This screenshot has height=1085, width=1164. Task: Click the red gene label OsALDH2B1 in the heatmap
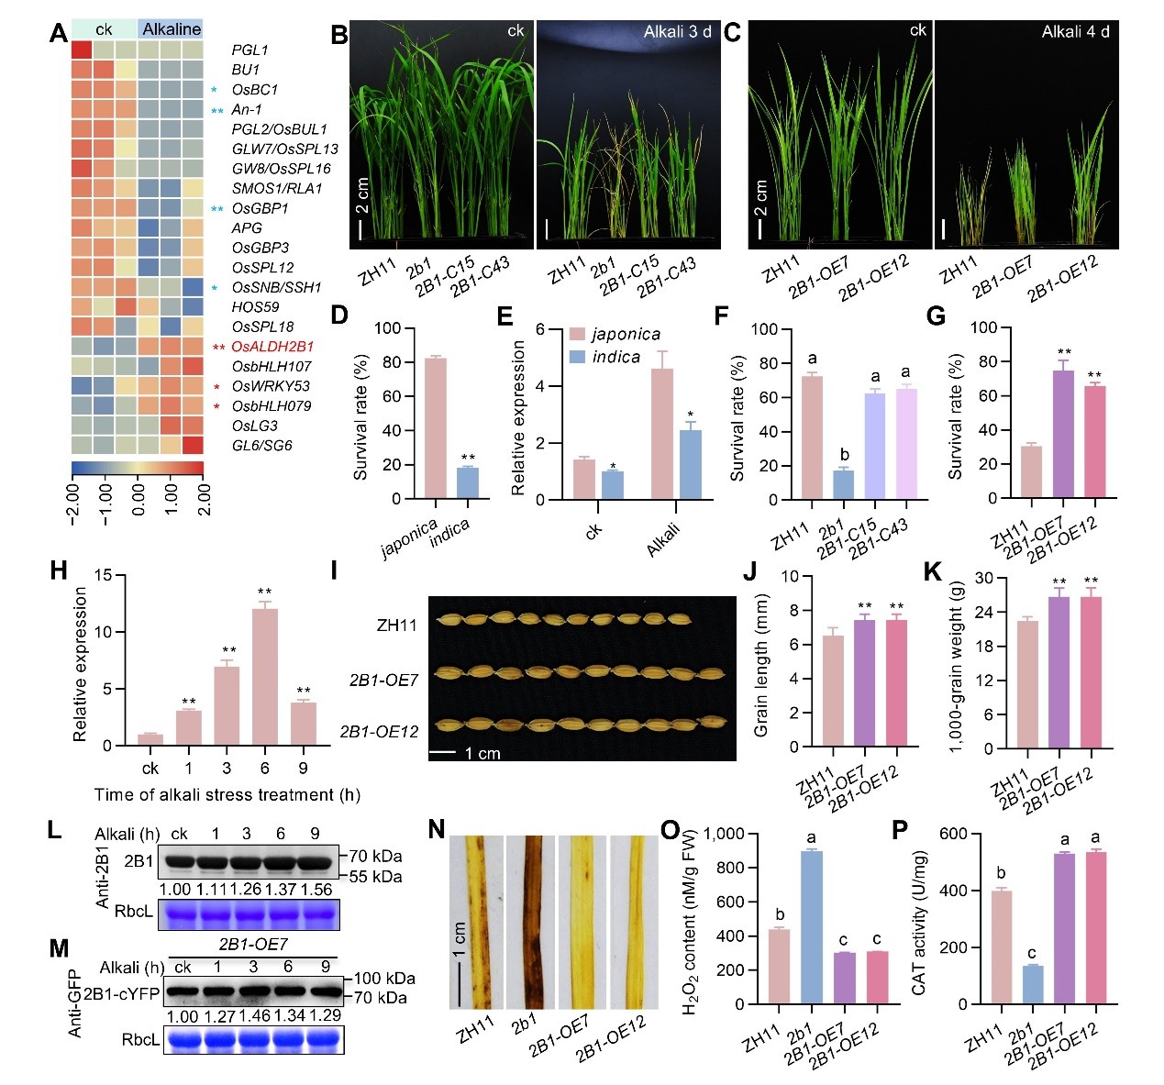coord(272,347)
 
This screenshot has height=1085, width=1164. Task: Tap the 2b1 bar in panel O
coord(811,926)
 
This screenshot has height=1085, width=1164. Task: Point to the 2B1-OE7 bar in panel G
coord(1063,434)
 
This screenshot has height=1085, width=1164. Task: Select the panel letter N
coord(437,830)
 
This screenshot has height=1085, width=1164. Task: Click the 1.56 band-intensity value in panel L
coord(316,889)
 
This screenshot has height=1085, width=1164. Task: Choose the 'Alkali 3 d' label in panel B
coord(677,32)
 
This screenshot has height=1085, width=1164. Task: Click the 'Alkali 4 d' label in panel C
coord(1075,32)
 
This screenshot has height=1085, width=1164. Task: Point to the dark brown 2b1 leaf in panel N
coord(530,917)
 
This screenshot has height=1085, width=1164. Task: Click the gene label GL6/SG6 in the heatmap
coord(261,446)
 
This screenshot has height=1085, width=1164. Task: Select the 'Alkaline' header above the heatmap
coord(172,30)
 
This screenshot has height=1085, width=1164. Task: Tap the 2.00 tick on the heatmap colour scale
coord(204,500)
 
